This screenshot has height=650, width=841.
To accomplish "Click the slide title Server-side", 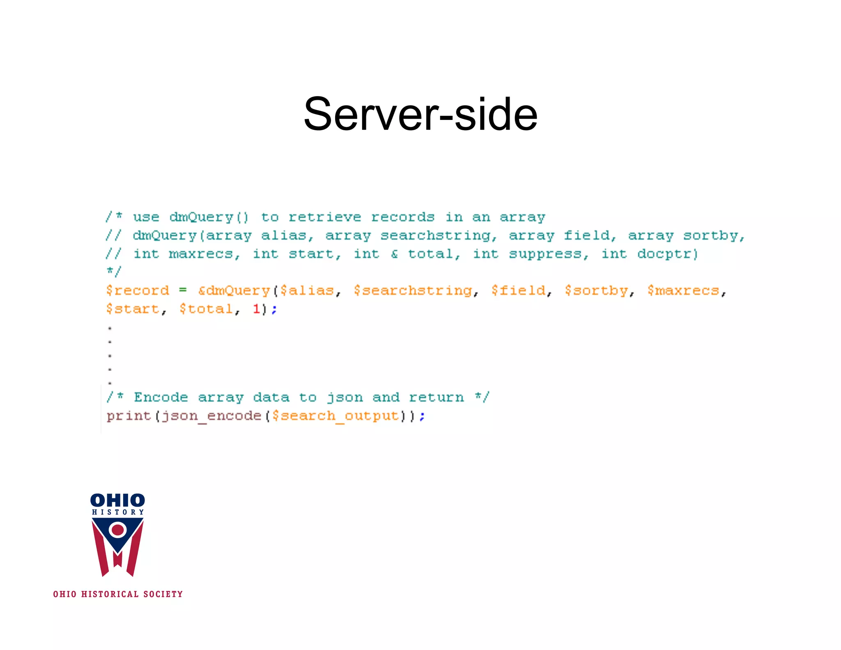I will point(420,114).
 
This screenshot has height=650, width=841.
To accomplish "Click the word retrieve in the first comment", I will point(324,217).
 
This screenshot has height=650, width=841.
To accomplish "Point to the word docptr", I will point(667,254).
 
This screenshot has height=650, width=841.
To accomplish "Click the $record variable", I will point(137,291).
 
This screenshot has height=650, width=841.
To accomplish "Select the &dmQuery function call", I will point(234,291).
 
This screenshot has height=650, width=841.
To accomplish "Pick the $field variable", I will point(518,291).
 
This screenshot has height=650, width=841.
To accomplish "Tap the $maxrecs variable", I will point(683,291).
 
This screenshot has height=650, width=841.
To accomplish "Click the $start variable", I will point(133,309).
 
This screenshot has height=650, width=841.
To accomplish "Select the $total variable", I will point(206,309).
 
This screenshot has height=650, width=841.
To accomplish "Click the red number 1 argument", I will point(256,309).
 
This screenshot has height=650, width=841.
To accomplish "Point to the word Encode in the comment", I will point(161,397).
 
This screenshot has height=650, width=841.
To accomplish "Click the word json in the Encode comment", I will point(345,398).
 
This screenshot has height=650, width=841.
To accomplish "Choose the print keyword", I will point(129,416).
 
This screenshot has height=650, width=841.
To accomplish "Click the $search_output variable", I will point(335,416).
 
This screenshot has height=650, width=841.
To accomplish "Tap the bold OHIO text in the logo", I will point(117,500).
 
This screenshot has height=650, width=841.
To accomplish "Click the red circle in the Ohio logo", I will point(118,530).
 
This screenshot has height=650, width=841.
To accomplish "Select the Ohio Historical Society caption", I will point(118,594).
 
